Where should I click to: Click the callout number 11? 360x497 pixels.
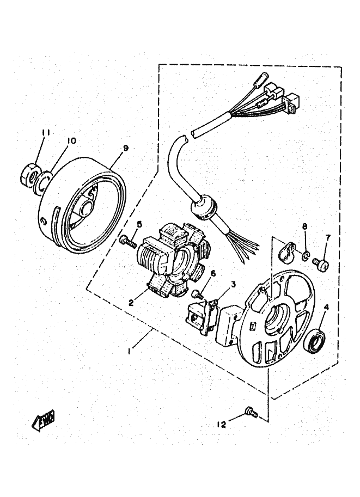[x=46, y=132]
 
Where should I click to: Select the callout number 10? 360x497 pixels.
[x=70, y=141]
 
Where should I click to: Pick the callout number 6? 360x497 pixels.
[x=213, y=274]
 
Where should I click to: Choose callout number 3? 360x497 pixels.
[x=233, y=284]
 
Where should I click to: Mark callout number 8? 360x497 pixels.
[x=305, y=225]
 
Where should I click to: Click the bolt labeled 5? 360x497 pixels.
[x=127, y=240]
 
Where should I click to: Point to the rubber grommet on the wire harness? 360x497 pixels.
[x=203, y=207]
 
